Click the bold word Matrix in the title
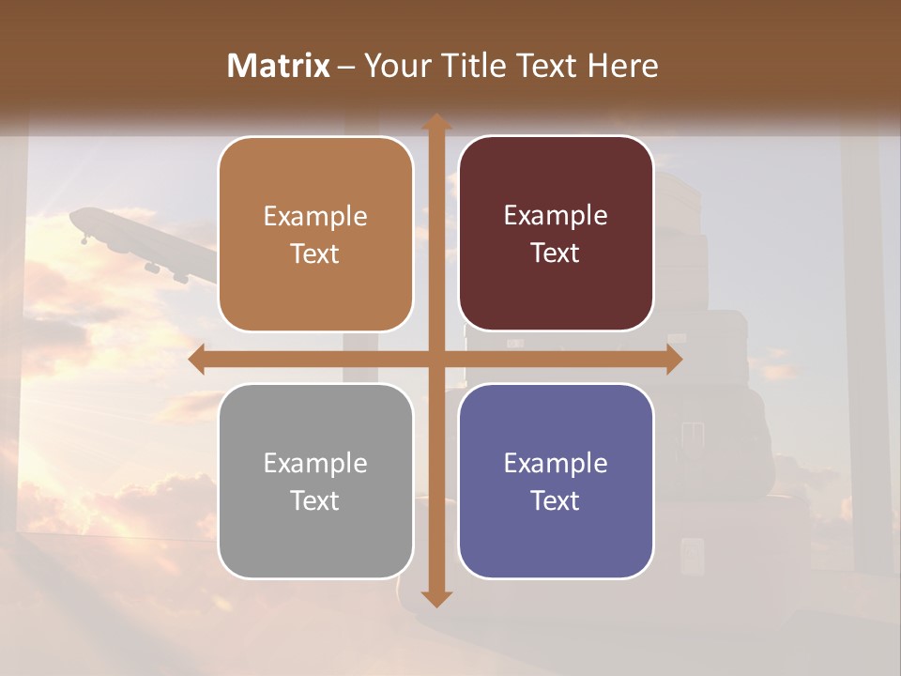(x=279, y=66)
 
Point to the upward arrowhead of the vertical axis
(x=435, y=122)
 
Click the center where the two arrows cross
(x=435, y=360)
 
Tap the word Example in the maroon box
(x=556, y=215)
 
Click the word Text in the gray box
(x=314, y=500)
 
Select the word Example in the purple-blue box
(x=556, y=463)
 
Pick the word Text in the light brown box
(x=314, y=253)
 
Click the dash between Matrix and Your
(x=345, y=67)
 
